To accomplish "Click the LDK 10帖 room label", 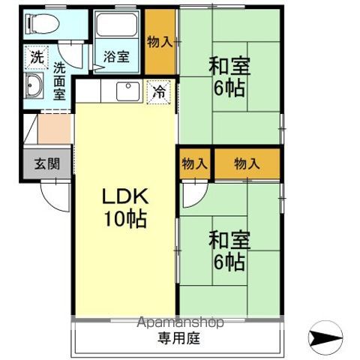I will pyautogui.click(x=124, y=208).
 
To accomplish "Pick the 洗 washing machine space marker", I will pyautogui.click(x=36, y=56).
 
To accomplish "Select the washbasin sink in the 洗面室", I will pyautogui.click(x=34, y=87).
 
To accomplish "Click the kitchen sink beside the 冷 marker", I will pyautogui.click(x=127, y=91).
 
